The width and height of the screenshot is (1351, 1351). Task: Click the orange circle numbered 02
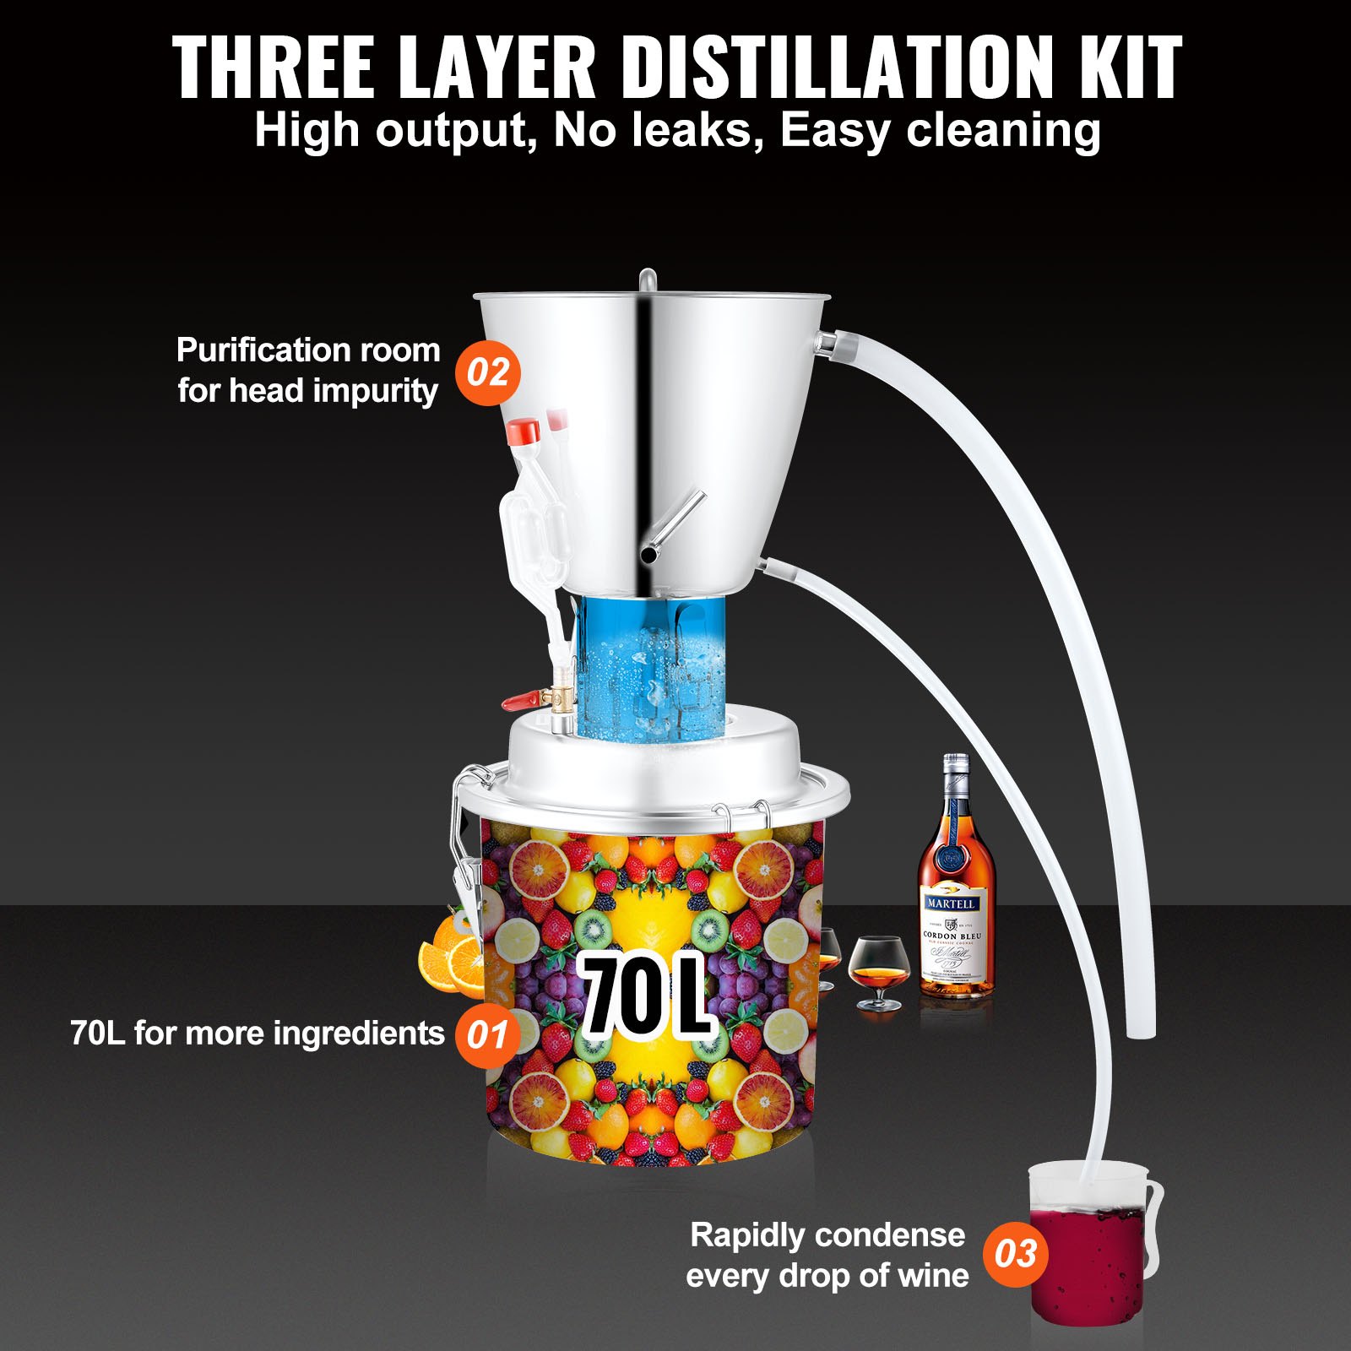coord(488,372)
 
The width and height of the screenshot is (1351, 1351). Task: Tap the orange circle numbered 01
coord(487,1034)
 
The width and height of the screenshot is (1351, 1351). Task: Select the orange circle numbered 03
coord(1015,1254)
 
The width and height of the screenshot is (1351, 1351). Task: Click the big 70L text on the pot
coord(646,996)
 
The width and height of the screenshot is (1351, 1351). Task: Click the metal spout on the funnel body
coord(671,528)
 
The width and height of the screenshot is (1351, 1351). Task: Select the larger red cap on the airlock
coord(524,431)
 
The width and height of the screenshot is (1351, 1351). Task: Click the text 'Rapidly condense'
coord(827,1235)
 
